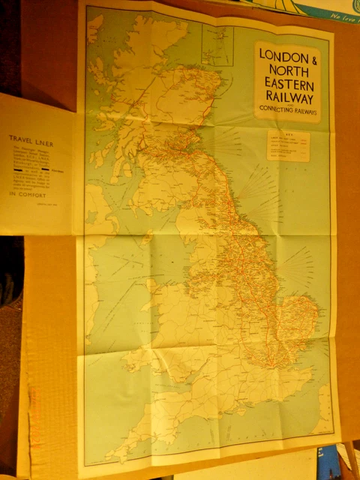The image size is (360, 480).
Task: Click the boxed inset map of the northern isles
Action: coord(217,45)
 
